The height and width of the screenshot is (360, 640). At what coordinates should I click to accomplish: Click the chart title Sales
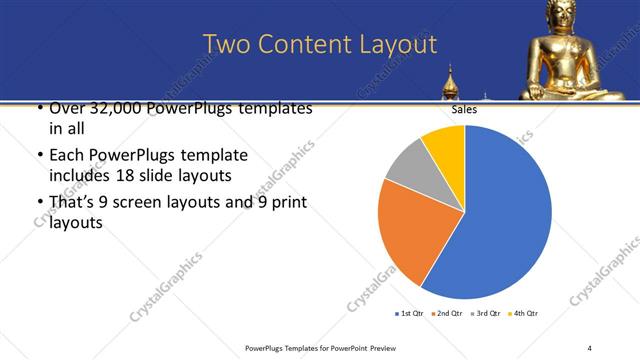pyautogui.click(x=464, y=111)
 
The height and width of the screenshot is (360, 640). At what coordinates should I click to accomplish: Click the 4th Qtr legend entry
pyautogui.click(x=527, y=314)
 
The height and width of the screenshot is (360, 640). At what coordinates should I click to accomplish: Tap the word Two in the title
pyautogui.click(x=227, y=44)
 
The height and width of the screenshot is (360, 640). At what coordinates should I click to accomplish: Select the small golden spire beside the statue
pyautogui.click(x=450, y=81)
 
